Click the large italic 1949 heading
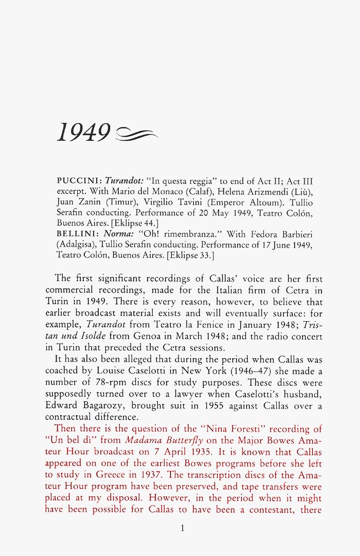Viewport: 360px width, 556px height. click(x=84, y=133)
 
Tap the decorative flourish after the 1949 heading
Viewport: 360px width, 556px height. click(x=137, y=135)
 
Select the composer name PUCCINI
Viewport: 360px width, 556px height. click(x=79, y=181)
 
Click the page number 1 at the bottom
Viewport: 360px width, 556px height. click(x=182, y=528)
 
